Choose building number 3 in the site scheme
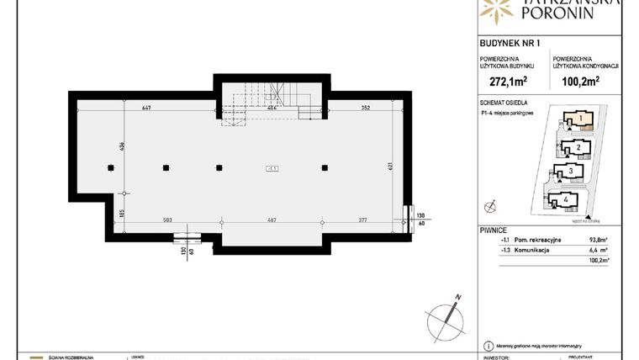(x=572, y=172)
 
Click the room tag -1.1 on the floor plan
(x=272, y=168)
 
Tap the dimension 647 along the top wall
(x=146, y=108)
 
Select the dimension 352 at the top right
(x=366, y=108)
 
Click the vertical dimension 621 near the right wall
(x=390, y=167)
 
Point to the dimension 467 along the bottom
(x=272, y=221)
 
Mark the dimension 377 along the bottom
(x=362, y=221)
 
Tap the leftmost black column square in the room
(x=110, y=167)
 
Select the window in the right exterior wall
(x=408, y=217)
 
